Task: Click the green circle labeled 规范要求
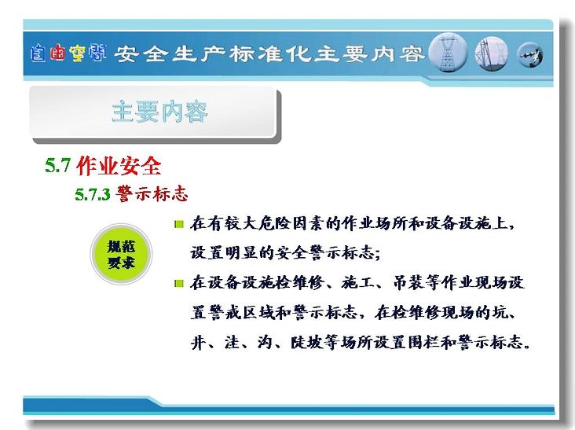pos(121,254)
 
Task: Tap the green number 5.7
pos(57,165)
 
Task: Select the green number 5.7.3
pos(93,194)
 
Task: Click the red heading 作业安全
pos(119,165)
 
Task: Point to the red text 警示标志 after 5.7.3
pos(152,193)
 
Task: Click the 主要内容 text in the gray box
pos(160,112)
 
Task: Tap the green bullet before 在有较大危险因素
pos(179,224)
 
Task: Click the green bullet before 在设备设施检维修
pos(179,283)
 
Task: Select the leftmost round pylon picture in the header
pos(448,53)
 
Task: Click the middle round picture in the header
pos(492,54)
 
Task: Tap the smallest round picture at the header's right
pos(530,55)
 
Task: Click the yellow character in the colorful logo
pos(77,53)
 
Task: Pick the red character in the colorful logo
pos(57,53)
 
